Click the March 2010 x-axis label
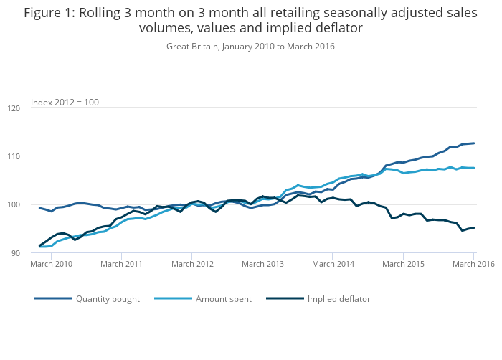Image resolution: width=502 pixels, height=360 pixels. tap(51, 264)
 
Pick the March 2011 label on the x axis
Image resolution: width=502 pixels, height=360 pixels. tap(121, 264)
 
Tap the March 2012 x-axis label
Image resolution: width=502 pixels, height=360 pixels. tap(192, 264)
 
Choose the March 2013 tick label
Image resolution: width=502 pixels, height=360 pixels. tap(262, 264)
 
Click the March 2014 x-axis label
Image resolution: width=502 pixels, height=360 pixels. tap(333, 264)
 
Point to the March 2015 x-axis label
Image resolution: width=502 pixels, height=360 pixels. tap(404, 264)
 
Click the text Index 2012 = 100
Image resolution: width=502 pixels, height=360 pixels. tap(65, 102)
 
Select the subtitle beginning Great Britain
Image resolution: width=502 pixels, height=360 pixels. tap(250, 47)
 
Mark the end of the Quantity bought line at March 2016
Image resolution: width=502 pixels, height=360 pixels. tap(474, 143)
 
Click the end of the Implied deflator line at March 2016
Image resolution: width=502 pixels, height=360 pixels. tap(474, 228)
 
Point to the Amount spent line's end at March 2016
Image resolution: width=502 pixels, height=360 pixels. tap(474, 168)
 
